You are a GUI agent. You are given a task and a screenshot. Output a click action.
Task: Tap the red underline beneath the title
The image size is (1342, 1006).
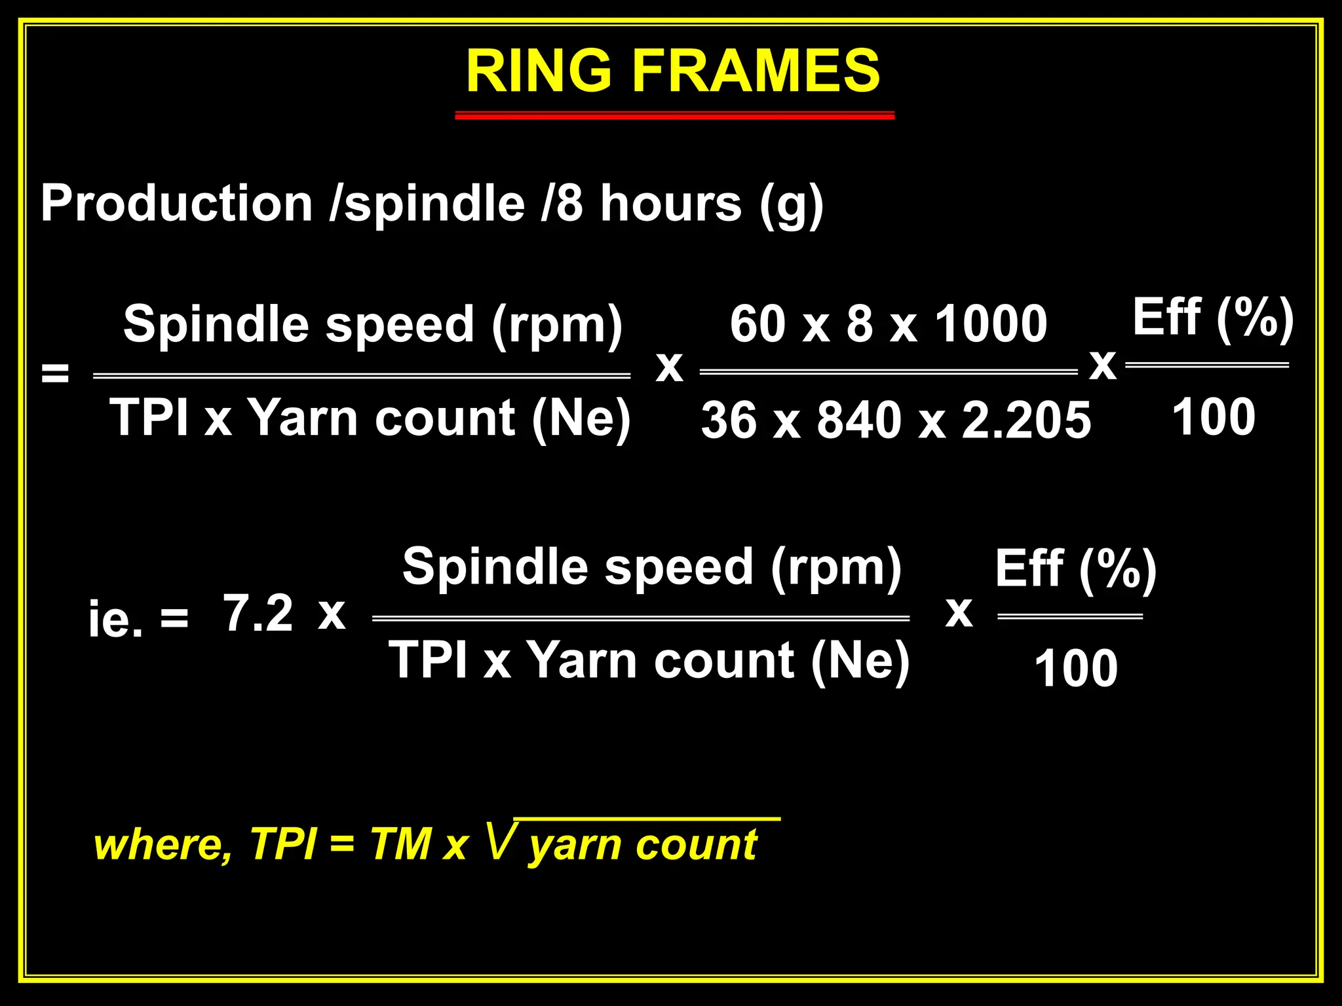coord(674,116)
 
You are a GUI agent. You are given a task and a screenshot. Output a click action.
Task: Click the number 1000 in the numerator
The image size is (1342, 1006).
coord(991,324)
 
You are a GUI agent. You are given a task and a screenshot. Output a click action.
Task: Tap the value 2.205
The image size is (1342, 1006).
coord(1026,420)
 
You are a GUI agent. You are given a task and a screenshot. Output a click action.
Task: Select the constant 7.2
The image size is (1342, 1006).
coord(258,613)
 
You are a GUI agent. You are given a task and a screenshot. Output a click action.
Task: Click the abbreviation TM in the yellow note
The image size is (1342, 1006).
coord(400,844)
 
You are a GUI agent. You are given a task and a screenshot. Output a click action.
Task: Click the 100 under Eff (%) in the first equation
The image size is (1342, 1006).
coord(1214,417)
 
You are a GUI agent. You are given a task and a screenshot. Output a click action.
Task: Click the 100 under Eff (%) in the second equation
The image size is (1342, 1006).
coord(1076,668)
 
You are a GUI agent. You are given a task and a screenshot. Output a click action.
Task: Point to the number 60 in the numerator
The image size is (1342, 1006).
coord(757,324)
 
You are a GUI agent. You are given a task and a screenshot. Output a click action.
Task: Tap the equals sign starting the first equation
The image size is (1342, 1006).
coord(55,375)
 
